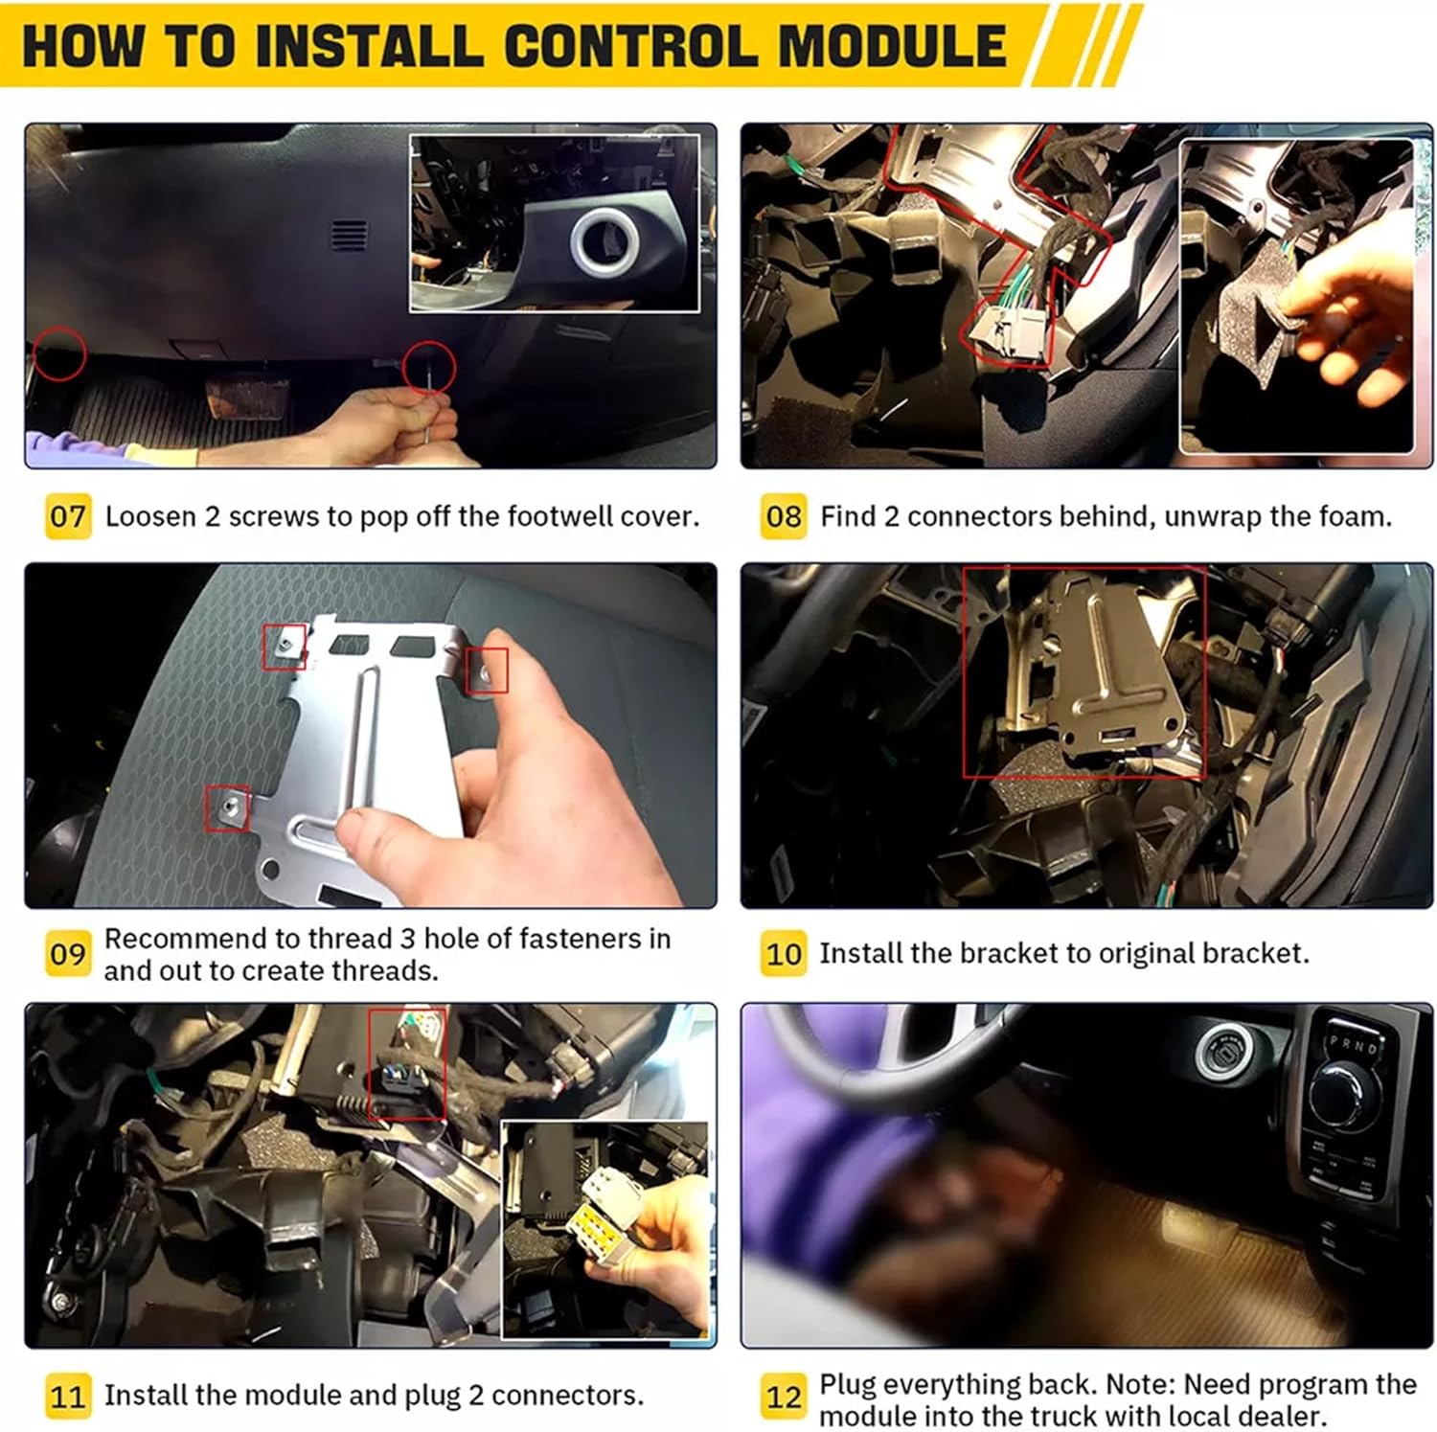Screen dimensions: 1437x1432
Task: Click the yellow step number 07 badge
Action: (68, 516)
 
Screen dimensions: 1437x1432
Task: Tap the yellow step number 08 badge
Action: (784, 516)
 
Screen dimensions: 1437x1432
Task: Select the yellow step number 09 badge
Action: (68, 954)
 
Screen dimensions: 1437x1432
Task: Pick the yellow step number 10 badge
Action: (784, 954)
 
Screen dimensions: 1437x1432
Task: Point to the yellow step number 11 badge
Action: (68, 1396)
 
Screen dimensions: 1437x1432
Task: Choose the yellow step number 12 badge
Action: (784, 1398)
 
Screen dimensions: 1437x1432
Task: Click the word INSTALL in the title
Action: (367, 46)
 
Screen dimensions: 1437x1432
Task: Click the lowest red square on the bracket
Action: (227, 808)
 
